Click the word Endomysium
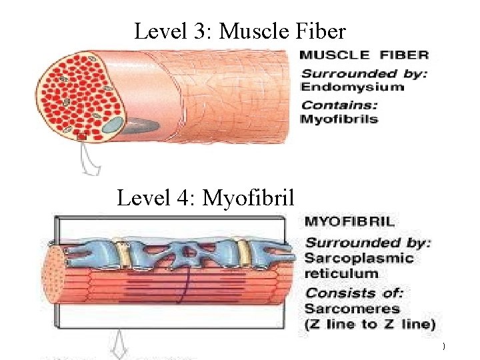pos(353,87)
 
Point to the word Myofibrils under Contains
pos(339,120)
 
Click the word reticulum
pos(341,273)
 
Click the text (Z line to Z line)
pos(369,325)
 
